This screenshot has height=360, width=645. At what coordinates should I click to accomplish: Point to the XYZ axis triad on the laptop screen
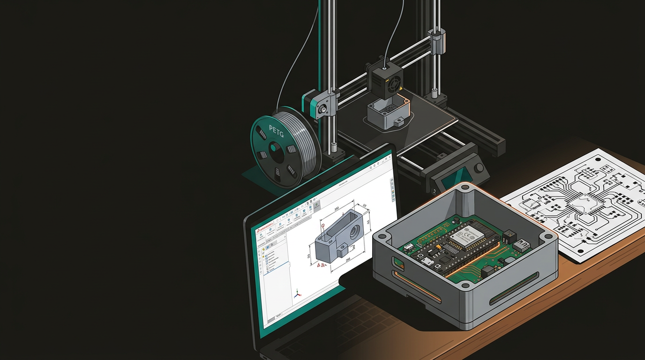click(296, 295)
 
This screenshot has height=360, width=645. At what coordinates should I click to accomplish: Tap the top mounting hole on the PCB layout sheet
click(599, 159)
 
